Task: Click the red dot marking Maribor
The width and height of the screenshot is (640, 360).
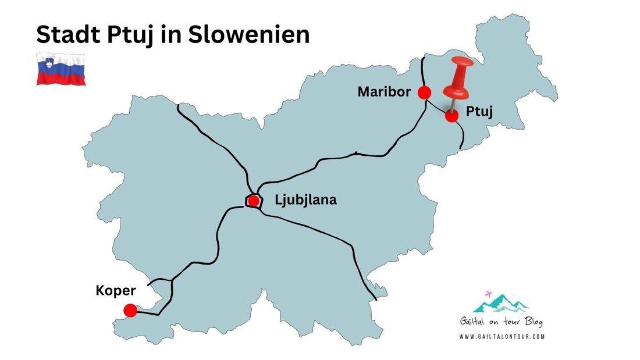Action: click(x=425, y=92)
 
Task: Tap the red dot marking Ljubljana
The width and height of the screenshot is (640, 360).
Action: click(x=254, y=201)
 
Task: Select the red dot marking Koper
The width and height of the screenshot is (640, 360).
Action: click(x=130, y=311)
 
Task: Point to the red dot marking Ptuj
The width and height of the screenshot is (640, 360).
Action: click(x=451, y=116)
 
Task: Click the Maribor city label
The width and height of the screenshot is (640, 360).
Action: click(x=385, y=92)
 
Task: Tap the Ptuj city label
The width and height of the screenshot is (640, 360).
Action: click(x=479, y=112)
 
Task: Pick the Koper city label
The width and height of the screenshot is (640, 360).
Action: click(x=116, y=290)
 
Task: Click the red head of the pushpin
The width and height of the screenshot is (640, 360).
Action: click(x=460, y=80)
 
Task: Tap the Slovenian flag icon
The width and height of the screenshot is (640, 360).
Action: click(x=61, y=69)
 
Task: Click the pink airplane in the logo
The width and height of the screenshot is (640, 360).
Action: click(x=488, y=294)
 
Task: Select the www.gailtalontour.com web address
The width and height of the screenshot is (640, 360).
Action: click(x=502, y=336)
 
